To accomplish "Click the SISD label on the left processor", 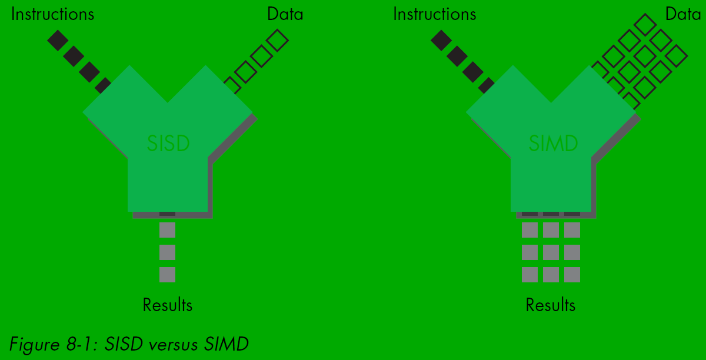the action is point(168,143).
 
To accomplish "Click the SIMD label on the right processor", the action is point(553,143).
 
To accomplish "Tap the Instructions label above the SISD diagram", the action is point(52,14).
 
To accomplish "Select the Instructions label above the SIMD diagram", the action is point(435,14).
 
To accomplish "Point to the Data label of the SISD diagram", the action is point(285,14).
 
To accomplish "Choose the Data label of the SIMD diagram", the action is point(683,14).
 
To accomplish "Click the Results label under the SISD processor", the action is point(168,305).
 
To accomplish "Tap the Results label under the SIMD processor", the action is point(551,305).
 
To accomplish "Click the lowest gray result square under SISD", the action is point(168,275).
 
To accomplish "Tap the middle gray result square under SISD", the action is point(168,252).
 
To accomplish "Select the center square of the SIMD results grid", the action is point(551,252).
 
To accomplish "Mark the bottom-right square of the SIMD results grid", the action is point(572,275).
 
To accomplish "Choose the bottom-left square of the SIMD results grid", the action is point(529,275).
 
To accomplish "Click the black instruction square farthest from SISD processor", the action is point(58,40).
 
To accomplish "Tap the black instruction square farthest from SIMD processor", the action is point(441,40).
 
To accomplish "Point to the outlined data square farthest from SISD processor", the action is point(277,40).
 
